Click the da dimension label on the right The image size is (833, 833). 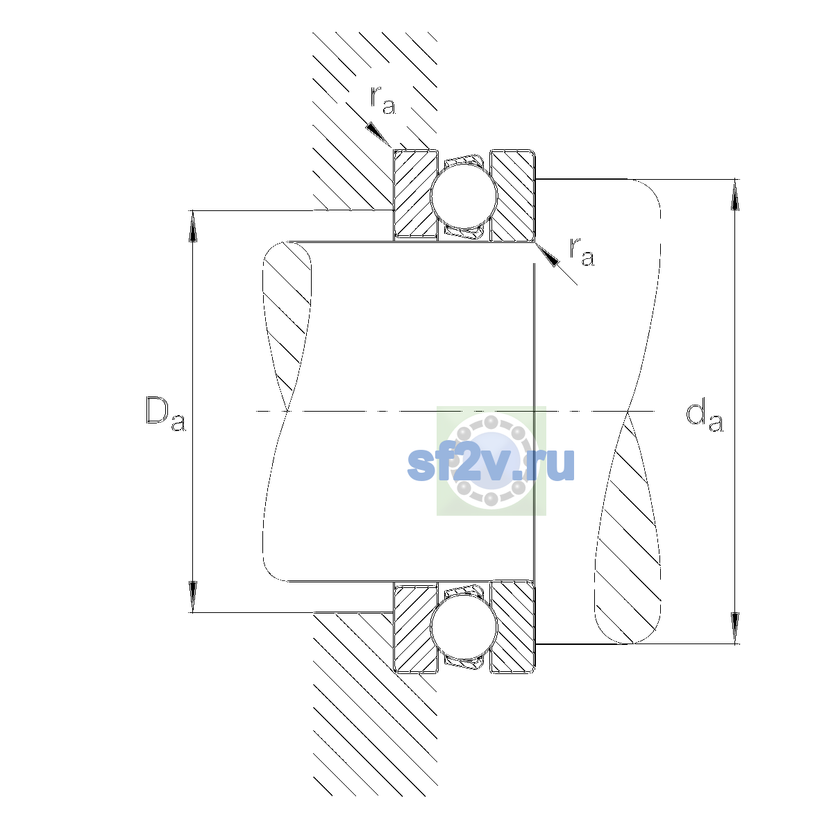click(x=704, y=418)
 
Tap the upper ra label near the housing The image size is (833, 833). click(x=382, y=100)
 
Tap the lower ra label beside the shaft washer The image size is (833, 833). click(x=582, y=251)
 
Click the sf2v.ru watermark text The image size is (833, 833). click(x=491, y=464)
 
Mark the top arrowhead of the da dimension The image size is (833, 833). click(x=735, y=194)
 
